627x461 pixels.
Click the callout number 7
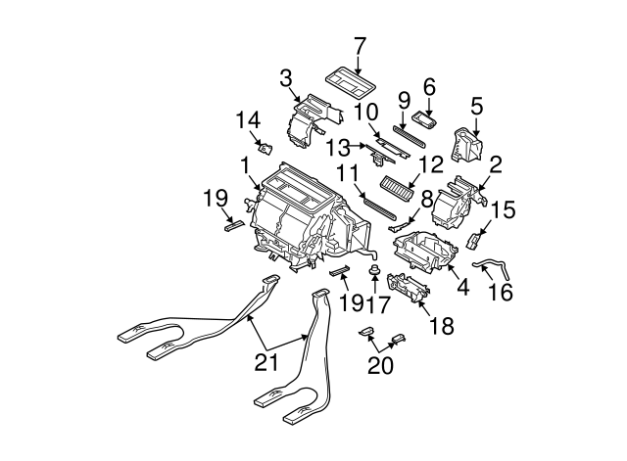(x=360, y=45)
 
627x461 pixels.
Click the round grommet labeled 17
(x=374, y=268)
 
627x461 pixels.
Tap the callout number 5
(x=477, y=105)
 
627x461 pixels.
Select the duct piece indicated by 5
(x=466, y=144)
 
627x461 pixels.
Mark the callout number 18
(x=442, y=325)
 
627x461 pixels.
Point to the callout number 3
(x=285, y=77)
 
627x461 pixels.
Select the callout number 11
(x=345, y=173)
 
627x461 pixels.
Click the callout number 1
(x=243, y=161)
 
